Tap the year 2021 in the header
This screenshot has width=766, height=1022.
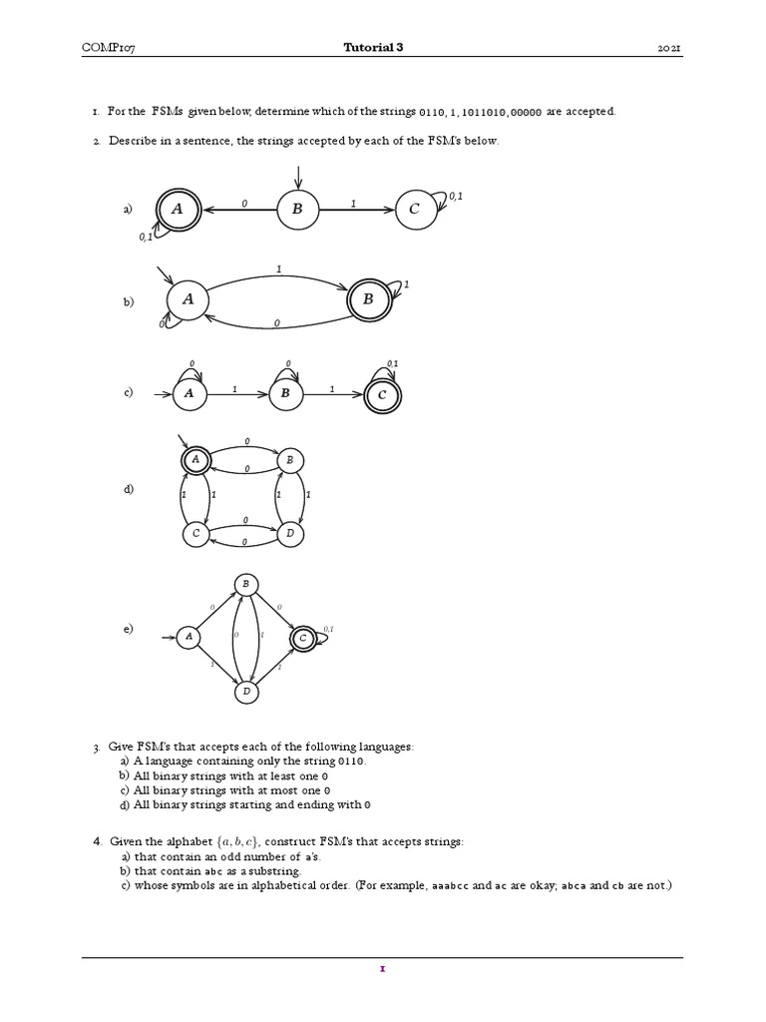(670, 48)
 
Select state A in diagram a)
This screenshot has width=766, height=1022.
(178, 209)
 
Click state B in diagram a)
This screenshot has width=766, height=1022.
(296, 209)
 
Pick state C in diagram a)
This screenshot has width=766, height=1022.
(416, 209)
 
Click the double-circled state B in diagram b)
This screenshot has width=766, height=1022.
(367, 298)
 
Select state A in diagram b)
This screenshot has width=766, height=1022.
(188, 299)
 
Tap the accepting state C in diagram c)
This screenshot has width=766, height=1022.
(382, 396)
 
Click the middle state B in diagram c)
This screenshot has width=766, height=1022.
(286, 394)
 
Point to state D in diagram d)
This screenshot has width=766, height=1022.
(289, 535)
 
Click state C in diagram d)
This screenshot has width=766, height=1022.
(196, 535)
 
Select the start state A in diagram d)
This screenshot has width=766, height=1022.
(196, 459)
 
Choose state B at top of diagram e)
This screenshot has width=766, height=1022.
(245, 585)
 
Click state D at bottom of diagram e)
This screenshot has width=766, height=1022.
(245, 691)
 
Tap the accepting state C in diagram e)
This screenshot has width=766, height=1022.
(302, 638)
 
